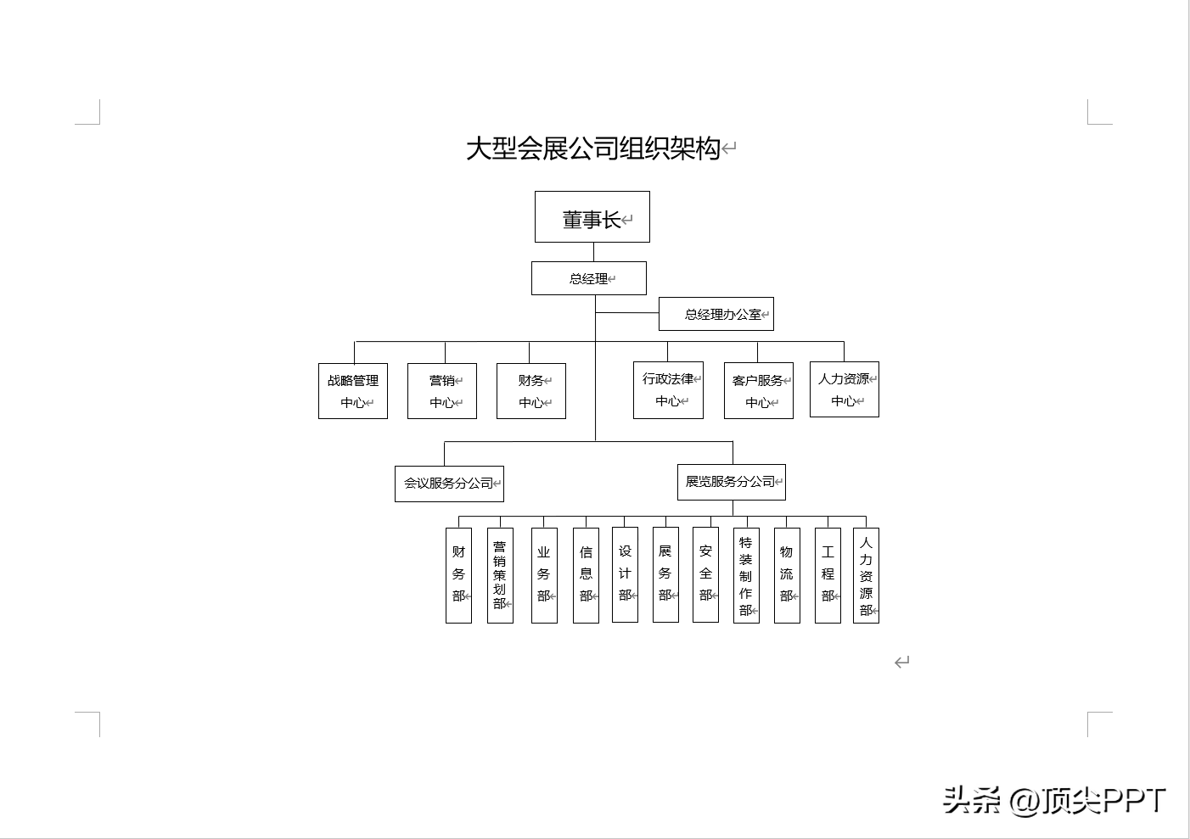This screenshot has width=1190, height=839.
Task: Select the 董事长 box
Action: point(592,217)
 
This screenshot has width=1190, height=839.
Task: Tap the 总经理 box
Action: point(588,278)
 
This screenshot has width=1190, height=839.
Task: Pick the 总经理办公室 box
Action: point(716,314)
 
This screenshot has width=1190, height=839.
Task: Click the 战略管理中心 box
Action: point(353,391)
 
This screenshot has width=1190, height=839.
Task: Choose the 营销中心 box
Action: point(441,391)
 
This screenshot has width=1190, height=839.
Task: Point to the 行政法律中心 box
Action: point(668,390)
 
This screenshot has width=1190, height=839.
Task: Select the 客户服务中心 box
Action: point(758,391)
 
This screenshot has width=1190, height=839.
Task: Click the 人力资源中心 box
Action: point(844,389)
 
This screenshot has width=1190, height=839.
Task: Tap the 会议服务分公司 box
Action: point(449,484)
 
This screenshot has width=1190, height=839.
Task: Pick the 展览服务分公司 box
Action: point(731,482)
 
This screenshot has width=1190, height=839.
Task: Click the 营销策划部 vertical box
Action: point(500,575)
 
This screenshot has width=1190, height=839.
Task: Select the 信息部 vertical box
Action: point(586,575)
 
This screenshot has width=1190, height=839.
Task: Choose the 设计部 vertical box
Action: point(625,574)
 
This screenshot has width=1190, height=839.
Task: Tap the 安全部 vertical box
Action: point(705,574)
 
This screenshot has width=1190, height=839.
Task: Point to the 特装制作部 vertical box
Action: point(746,575)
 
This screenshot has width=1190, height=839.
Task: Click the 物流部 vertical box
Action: point(787,575)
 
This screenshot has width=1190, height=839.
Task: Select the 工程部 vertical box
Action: point(828,575)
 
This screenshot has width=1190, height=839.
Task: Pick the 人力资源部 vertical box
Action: point(866,575)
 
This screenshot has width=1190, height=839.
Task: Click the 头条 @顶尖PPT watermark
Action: point(1054,800)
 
